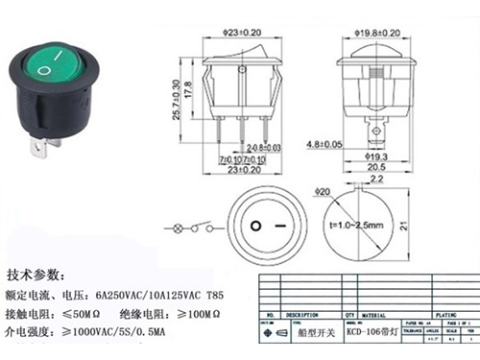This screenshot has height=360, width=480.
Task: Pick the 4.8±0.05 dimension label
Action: tap(323, 145)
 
